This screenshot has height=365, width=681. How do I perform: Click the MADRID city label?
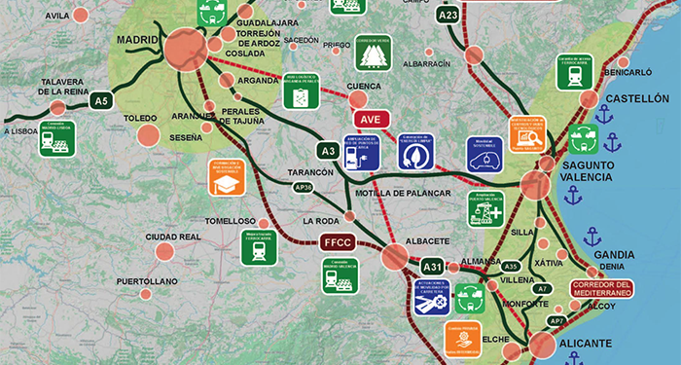coord(136,40)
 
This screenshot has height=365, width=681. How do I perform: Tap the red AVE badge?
coord(370,119)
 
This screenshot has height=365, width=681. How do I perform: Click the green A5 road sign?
coord(100,99)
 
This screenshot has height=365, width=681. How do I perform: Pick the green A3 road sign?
coord(329,151)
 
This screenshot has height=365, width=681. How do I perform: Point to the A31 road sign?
coord(432,266)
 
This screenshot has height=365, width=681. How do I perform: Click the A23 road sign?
coord(448,15)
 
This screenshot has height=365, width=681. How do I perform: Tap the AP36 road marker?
coord(303,187)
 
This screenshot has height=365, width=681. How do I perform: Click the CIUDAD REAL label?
coord(173,237)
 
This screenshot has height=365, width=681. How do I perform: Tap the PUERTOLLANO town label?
coord(147,281)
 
